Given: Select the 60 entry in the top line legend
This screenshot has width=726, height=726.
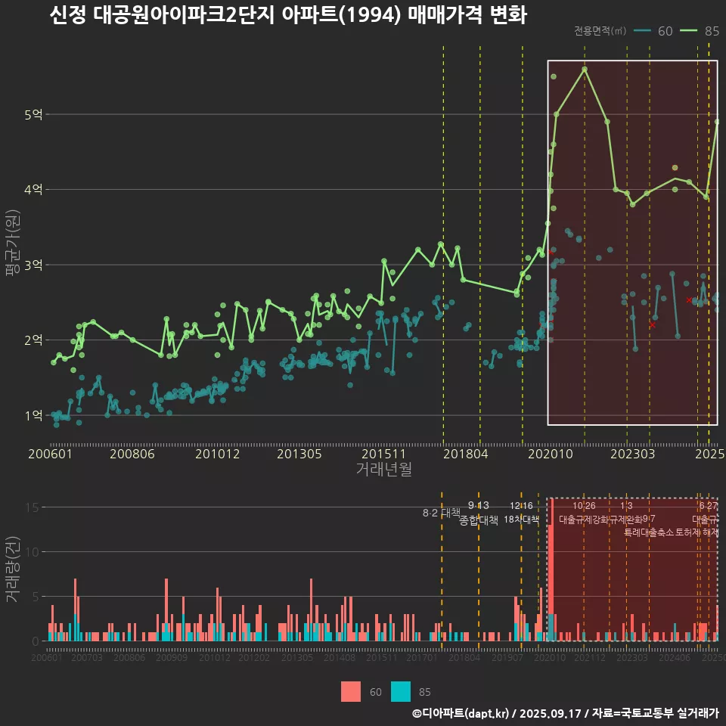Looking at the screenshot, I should [665, 31].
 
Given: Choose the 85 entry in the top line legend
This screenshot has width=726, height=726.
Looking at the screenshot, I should [711, 31].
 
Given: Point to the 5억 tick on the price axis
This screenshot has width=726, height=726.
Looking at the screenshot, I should [34, 115].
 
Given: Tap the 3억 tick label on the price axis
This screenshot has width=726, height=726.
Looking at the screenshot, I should [34, 265].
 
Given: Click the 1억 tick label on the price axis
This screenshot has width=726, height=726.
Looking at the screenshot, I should [34, 415].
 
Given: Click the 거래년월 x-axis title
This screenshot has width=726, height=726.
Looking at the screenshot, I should [383, 469].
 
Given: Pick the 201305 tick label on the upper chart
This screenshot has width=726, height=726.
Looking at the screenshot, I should [299, 455].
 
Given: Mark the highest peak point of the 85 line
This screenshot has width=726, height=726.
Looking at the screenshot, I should [585, 70].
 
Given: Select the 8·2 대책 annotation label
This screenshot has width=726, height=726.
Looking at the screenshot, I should [441, 513].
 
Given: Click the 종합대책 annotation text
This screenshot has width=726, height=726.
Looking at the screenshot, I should [478, 520].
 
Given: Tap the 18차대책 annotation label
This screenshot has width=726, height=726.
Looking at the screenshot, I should [521, 520].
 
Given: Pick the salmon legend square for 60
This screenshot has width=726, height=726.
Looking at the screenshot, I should [351, 691].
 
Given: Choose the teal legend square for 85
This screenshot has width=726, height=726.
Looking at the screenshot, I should [401, 691].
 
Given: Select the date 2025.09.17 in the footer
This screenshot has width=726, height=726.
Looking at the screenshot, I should [551, 713].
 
